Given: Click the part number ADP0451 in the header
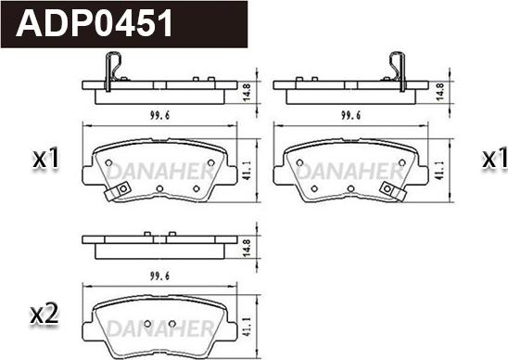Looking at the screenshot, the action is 95,23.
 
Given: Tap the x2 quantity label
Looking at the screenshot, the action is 44,315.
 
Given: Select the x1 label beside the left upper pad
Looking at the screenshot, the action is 45,158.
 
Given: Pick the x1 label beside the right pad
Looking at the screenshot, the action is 495,158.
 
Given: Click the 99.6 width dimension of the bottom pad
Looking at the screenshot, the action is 159,276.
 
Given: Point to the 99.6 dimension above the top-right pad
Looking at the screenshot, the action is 350,115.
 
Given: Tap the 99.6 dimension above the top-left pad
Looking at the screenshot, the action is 159,115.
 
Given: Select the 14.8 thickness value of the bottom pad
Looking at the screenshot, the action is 247,249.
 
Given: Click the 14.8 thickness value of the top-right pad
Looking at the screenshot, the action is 439,92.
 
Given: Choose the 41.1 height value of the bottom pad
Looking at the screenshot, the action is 247,327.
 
